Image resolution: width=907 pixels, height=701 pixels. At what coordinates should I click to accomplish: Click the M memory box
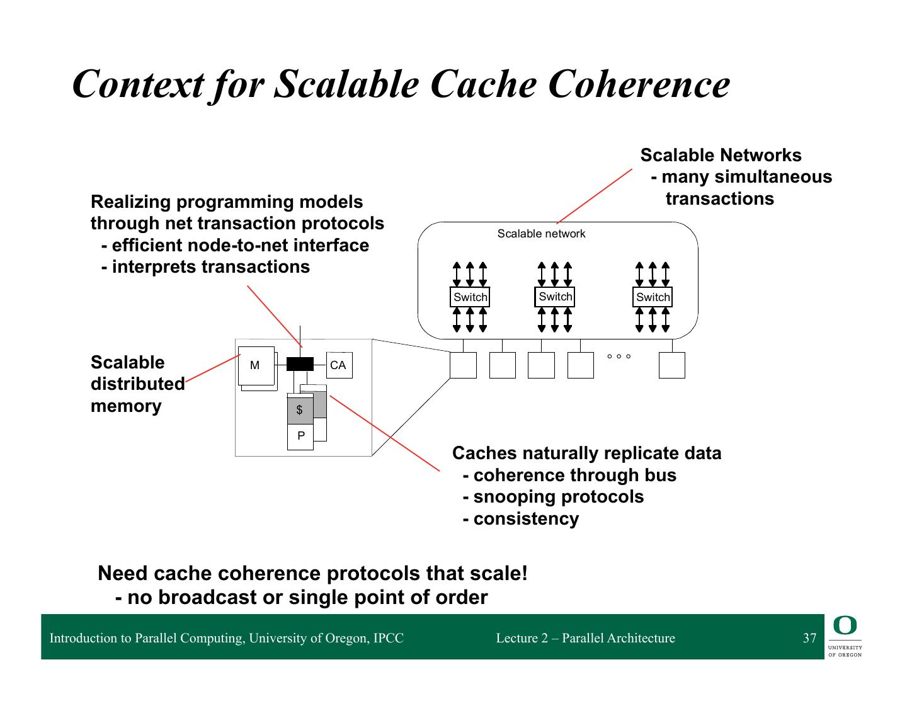(x=256, y=365)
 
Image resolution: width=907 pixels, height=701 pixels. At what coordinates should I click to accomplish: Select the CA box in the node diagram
(x=339, y=365)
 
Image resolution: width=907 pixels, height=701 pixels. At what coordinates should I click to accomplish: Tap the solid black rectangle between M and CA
(x=300, y=364)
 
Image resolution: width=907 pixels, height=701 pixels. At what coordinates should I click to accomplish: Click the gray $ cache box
(x=300, y=409)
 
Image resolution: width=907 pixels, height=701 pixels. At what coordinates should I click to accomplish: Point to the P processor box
(x=300, y=436)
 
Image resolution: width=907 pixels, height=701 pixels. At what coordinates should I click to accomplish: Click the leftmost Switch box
(x=470, y=297)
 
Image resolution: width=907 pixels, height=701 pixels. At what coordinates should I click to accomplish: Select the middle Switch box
(x=554, y=296)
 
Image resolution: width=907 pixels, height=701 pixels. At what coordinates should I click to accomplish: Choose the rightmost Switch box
(x=653, y=297)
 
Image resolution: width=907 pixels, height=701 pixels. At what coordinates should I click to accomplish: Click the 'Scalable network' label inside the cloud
(x=541, y=234)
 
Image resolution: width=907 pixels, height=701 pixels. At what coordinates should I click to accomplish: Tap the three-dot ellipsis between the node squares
(x=619, y=356)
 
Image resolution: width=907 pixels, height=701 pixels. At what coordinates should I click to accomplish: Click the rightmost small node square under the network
(x=671, y=365)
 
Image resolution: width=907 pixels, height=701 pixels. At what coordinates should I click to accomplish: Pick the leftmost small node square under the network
(x=463, y=365)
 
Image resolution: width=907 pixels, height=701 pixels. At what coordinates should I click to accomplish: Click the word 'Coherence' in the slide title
(x=639, y=84)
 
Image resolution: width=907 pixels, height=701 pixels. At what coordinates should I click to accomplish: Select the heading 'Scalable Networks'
(x=721, y=155)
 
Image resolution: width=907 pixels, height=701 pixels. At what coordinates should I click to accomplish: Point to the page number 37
(x=809, y=638)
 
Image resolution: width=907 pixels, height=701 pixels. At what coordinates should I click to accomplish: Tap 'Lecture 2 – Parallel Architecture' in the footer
(x=585, y=638)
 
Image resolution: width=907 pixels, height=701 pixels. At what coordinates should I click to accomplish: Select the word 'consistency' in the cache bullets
(x=526, y=519)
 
